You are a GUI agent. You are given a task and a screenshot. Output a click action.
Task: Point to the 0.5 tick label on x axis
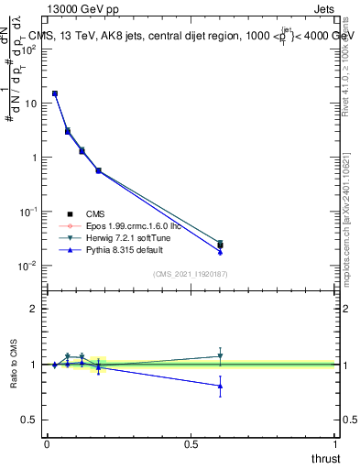pyautogui.click(x=191, y=443)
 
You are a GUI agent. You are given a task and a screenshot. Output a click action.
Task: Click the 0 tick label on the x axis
pyautogui.click(x=47, y=443)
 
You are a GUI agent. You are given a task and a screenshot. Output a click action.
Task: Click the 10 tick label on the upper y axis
pyautogui.click(x=29, y=103)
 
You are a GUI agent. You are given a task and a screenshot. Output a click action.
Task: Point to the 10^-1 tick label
pyautogui.click(x=27, y=212)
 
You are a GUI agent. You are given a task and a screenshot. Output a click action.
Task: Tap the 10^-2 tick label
pyautogui.click(x=27, y=266)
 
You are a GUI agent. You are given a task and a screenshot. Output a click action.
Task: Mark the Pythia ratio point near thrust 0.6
pyautogui.click(x=220, y=386)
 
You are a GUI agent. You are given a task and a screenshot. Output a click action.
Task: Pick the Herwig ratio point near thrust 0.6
pyautogui.click(x=220, y=356)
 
